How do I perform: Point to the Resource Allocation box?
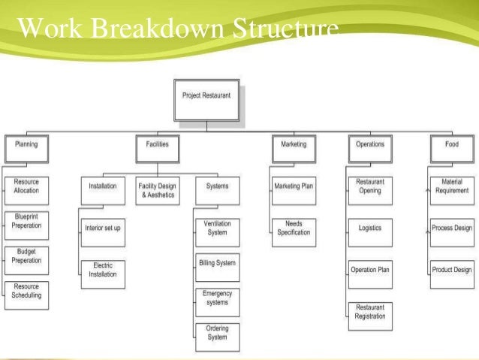click(x=26, y=186)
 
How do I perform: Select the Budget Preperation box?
click(x=26, y=256)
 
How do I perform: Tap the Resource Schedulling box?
click(x=26, y=291)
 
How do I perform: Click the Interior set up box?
click(x=103, y=228)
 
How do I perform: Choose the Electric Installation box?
click(x=103, y=270)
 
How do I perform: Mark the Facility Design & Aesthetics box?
click(x=158, y=190)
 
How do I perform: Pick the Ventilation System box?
click(x=217, y=228)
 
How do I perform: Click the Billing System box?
click(x=217, y=264)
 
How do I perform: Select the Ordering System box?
click(x=217, y=332)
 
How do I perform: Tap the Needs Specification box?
click(x=294, y=228)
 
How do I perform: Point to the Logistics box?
click(x=370, y=228)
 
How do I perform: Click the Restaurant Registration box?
click(x=370, y=312)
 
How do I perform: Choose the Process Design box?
click(x=452, y=228)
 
